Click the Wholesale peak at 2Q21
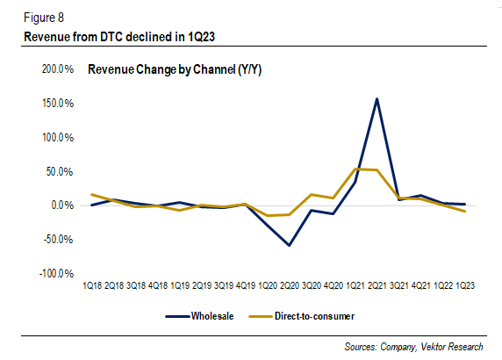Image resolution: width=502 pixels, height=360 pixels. [376, 99]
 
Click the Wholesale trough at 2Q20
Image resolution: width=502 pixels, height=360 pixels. [289, 245]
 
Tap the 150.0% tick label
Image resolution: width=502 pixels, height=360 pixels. [54, 103]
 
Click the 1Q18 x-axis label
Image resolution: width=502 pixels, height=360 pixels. [93, 286]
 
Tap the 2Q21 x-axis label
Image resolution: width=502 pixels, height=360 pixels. [376, 286]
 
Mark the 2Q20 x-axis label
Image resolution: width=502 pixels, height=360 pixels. [289, 286]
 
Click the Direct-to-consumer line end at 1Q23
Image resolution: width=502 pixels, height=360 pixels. [464, 212]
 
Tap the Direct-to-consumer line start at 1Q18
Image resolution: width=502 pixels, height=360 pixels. [92, 194]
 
